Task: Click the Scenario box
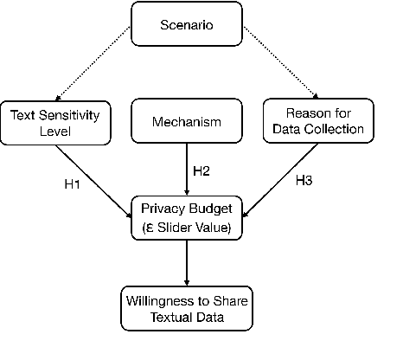[187, 24]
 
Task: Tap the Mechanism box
[187, 122]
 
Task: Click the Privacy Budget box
[187, 219]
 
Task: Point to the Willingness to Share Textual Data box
[187, 309]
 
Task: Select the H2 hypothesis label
[201, 170]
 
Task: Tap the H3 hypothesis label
[304, 181]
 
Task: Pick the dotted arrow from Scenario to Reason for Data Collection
[281, 63]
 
